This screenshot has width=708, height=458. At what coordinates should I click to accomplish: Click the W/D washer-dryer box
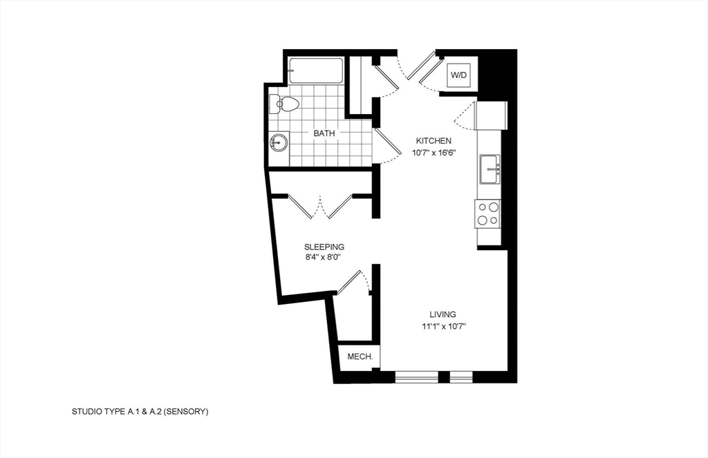pyautogui.click(x=458, y=75)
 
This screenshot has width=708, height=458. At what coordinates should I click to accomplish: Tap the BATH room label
pyautogui.click(x=324, y=133)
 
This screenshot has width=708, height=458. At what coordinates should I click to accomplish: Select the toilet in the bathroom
pyautogui.click(x=286, y=105)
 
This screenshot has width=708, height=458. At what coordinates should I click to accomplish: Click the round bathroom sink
pyautogui.click(x=279, y=144)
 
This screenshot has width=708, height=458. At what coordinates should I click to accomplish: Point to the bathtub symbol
pyautogui.click(x=316, y=71)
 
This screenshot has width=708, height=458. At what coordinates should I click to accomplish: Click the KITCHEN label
pyautogui.click(x=434, y=141)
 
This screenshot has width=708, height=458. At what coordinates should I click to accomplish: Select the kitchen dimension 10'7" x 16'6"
pyautogui.click(x=434, y=153)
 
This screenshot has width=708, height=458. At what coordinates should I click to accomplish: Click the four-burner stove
pyautogui.click(x=488, y=213)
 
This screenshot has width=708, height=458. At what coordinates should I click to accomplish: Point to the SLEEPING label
pyautogui.click(x=324, y=247)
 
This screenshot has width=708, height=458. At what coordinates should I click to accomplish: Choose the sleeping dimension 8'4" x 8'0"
pyautogui.click(x=324, y=258)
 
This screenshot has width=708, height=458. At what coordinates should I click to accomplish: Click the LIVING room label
pyautogui.click(x=442, y=314)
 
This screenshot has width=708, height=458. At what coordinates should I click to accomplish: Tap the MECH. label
pyautogui.click(x=360, y=357)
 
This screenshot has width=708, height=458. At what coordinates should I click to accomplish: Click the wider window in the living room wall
pyautogui.click(x=416, y=377)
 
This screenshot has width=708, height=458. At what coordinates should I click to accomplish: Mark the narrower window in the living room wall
pyautogui.click(x=460, y=377)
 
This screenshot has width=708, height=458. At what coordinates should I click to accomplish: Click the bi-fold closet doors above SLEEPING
pyautogui.click(x=321, y=207)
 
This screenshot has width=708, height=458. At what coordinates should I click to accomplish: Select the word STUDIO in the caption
pyautogui.click(x=86, y=412)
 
